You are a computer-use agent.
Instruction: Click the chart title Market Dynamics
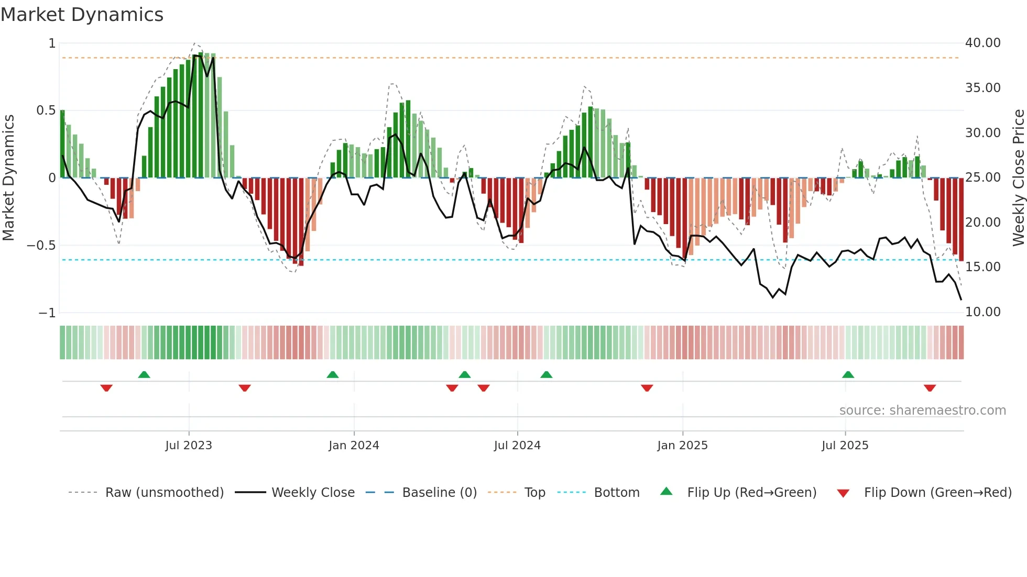[x=82, y=15]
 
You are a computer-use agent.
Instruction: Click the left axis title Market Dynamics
[x=8, y=177]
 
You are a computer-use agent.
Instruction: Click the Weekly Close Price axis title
[x=1018, y=177]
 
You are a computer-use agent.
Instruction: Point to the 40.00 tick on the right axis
[x=982, y=43]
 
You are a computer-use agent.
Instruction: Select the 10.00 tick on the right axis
[x=982, y=312]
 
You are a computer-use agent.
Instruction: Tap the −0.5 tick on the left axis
[x=41, y=246]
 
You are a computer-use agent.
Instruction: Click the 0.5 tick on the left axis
[x=46, y=110]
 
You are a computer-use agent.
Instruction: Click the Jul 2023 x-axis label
[x=189, y=446]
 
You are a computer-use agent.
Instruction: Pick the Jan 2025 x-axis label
[x=682, y=446]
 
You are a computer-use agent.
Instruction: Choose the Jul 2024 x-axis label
[x=517, y=446]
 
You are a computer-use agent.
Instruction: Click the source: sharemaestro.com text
[x=922, y=410]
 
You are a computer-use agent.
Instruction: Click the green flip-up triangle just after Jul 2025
[x=848, y=374]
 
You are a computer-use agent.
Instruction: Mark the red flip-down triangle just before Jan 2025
[x=647, y=388]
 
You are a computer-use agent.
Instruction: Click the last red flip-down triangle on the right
[x=930, y=388]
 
